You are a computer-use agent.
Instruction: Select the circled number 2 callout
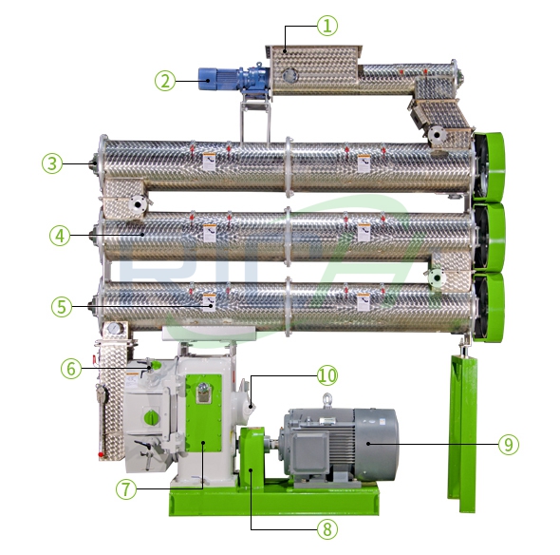coord(166,81)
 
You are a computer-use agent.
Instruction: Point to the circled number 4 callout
coord(60,235)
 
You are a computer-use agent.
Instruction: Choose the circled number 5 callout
coord(61,306)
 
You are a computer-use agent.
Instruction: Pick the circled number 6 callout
coord(72,368)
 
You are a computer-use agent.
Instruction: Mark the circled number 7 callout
coord(125,489)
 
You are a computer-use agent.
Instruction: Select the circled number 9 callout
coord(510,444)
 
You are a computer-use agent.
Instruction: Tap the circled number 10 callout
coord(327,374)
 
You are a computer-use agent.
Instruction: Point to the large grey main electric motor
coord(342,443)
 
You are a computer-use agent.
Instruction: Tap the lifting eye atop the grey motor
coord(327,401)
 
